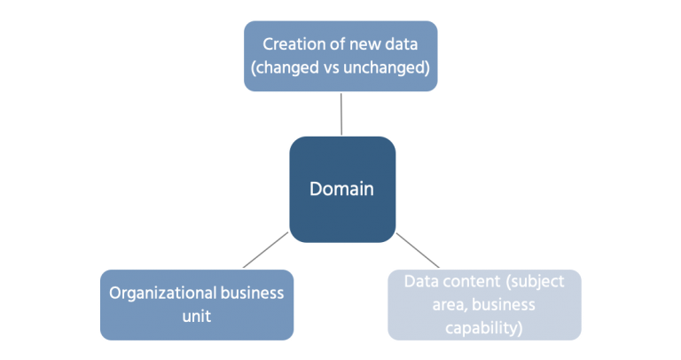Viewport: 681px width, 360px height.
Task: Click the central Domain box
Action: [341, 190]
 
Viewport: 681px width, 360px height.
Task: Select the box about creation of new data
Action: [341, 56]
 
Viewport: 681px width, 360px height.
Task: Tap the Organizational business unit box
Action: [196, 304]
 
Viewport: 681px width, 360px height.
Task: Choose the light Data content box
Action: [485, 304]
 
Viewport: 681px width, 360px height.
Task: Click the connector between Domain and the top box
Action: [341, 113]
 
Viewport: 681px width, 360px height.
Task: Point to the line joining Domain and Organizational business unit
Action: [264, 251]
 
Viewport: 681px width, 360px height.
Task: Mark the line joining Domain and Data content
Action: [418, 251]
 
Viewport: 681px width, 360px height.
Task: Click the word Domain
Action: [341, 190]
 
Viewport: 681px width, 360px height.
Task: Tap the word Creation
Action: [292, 43]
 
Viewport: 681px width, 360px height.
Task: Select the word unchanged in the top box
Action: [393, 67]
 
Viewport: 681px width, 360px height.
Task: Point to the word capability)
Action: [485, 328]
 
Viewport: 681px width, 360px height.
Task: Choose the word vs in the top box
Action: [342, 67]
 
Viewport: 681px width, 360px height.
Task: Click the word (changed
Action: [291, 67]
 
